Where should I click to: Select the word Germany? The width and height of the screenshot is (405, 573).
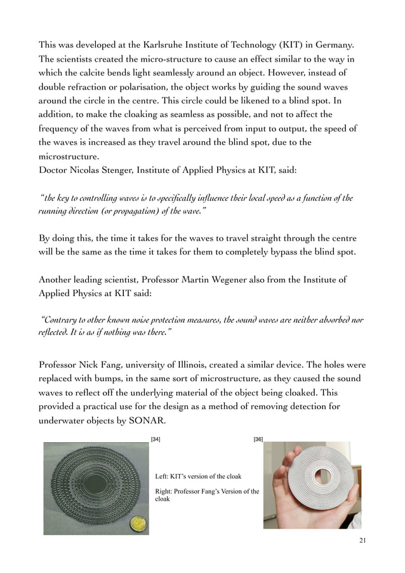click(343, 46)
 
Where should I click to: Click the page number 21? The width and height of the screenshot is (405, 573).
click(362, 540)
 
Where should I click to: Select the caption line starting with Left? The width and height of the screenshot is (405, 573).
click(198, 476)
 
